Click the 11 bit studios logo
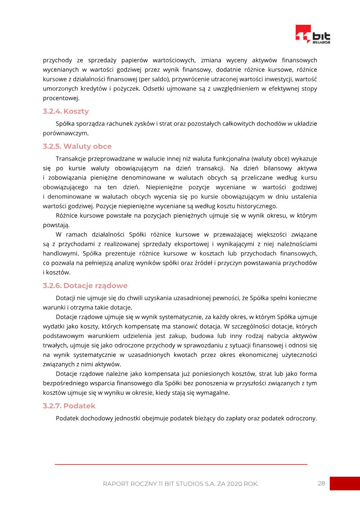coord(313,35)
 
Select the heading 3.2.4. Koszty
coord(66,111)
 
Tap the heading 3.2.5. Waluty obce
coord(77,146)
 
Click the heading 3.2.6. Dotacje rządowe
coord(85,285)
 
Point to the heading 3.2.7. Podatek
coord(69,405)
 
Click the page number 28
coord(321,483)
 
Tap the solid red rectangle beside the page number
coord(345,483)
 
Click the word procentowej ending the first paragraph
coord(61,98)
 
